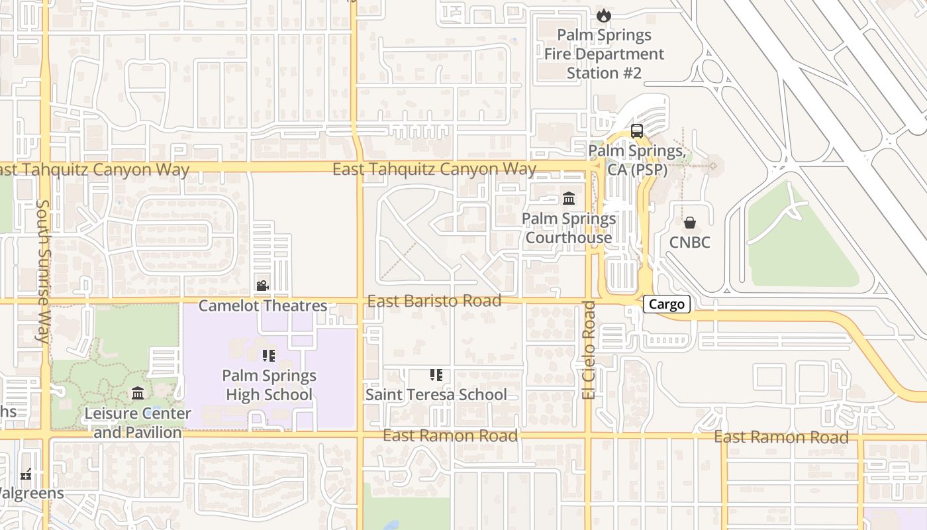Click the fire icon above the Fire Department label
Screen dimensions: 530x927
pyautogui.click(x=603, y=15)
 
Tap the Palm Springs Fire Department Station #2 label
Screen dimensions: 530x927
pyautogui.click(x=604, y=54)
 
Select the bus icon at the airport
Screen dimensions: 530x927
pyautogui.click(x=637, y=131)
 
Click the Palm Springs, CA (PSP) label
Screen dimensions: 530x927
pyautogui.click(x=637, y=160)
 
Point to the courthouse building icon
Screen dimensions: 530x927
pyautogui.click(x=569, y=198)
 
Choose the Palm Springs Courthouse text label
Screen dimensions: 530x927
pyautogui.click(x=569, y=228)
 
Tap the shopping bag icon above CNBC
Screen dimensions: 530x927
pyautogui.click(x=690, y=223)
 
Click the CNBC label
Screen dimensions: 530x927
pyautogui.click(x=689, y=242)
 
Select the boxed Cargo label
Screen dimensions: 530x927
pyautogui.click(x=667, y=304)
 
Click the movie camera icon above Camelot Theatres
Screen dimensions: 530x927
pyautogui.click(x=262, y=286)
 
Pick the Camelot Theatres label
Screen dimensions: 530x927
pyautogui.click(x=263, y=306)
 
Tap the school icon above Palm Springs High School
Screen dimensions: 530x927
pyautogui.click(x=268, y=356)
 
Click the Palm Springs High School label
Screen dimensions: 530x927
pyautogui.click(x=269, y=385)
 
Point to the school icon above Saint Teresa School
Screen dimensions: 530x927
pyautogui.click(x=436, y=375)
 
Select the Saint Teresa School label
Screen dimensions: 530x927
pyautogui.click(x=436, y=395)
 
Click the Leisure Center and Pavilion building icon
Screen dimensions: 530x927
pyautogui.click(x=138, y=394)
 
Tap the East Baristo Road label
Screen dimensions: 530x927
pyautogui.click(x=434, y=301)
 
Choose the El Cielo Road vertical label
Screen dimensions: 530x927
pyautogui.click(x=589, y=350)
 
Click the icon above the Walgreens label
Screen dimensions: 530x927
pyautogui.click(x=26, y=474)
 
